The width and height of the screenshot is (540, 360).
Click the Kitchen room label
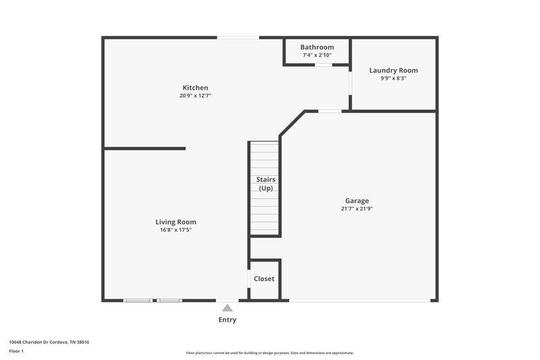point(195,88)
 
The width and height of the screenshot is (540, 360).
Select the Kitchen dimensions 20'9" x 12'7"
point(195,96)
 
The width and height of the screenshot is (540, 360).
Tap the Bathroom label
point(317,47)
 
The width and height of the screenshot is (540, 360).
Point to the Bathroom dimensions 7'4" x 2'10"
point(317,55)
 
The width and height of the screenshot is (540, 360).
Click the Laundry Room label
point(394,70)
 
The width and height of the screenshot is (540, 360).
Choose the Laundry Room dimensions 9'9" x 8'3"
point(394,78)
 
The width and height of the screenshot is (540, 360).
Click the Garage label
point(357,201)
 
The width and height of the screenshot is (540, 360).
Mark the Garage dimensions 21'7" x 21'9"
point(357,209)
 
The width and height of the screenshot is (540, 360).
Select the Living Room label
point(175,222)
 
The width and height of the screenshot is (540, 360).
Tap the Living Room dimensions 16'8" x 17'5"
point(175,230)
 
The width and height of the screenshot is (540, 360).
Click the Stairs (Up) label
point(265,184)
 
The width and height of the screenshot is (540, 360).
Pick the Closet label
point(264,279)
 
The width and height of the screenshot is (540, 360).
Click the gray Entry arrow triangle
point(227,308)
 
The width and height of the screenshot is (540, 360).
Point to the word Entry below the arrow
point(227,319)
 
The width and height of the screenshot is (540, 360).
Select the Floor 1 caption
point(16,352)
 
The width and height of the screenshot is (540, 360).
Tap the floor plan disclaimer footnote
point(269,353)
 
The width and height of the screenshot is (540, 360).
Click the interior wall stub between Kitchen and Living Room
point(144,149)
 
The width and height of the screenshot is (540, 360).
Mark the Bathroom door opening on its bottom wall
point(324,65)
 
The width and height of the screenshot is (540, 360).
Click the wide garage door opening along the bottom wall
point(358,301)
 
